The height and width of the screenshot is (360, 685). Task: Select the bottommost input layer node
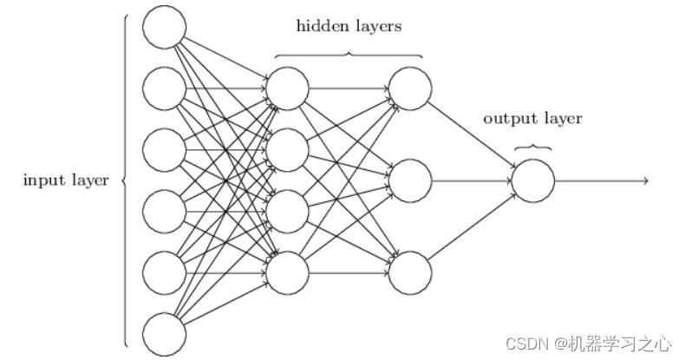point(164,335)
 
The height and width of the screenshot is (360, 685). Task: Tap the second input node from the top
point(164,88)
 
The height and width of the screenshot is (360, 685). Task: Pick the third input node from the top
point(164,149)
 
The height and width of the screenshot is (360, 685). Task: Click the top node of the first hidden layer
point(288,88)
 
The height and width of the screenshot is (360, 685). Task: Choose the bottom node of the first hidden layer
point(288,273)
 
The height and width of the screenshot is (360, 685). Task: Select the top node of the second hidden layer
point(410,88)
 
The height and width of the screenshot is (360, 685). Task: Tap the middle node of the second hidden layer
point(410,180)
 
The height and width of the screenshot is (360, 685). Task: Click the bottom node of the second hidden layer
point(410,273)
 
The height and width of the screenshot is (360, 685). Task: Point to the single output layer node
point(532,180)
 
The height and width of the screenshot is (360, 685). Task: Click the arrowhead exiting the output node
point(645,180)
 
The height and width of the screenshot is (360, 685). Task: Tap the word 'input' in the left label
point(40,180)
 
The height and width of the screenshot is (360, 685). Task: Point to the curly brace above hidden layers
point(349,55)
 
